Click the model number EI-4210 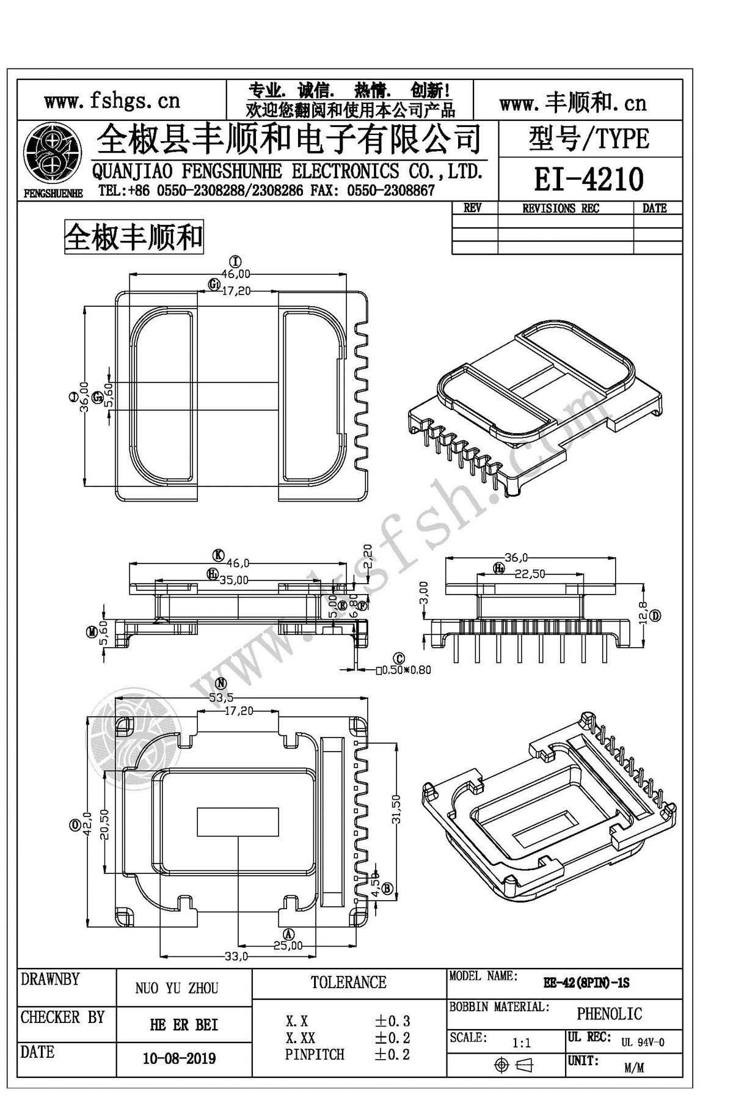[x=589, y=180]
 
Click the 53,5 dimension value [x=221, y=697]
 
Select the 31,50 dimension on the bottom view [x=396, y=810]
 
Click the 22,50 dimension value [x=530, y=574]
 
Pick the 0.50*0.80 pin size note [x=403, y=670]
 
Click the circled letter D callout [x=655, y=615]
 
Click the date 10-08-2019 [x=179, y=1058]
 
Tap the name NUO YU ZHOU [x=177, y=988]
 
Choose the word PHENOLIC [x=610, y=1014]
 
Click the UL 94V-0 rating [x=643, y=1042]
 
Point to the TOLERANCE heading [x=348, y=982]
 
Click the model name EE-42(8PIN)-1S [x=586, y=983]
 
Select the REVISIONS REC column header [x=561, y=208]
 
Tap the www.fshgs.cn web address [x=112, y=100]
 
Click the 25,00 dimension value [x=288, y=945]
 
